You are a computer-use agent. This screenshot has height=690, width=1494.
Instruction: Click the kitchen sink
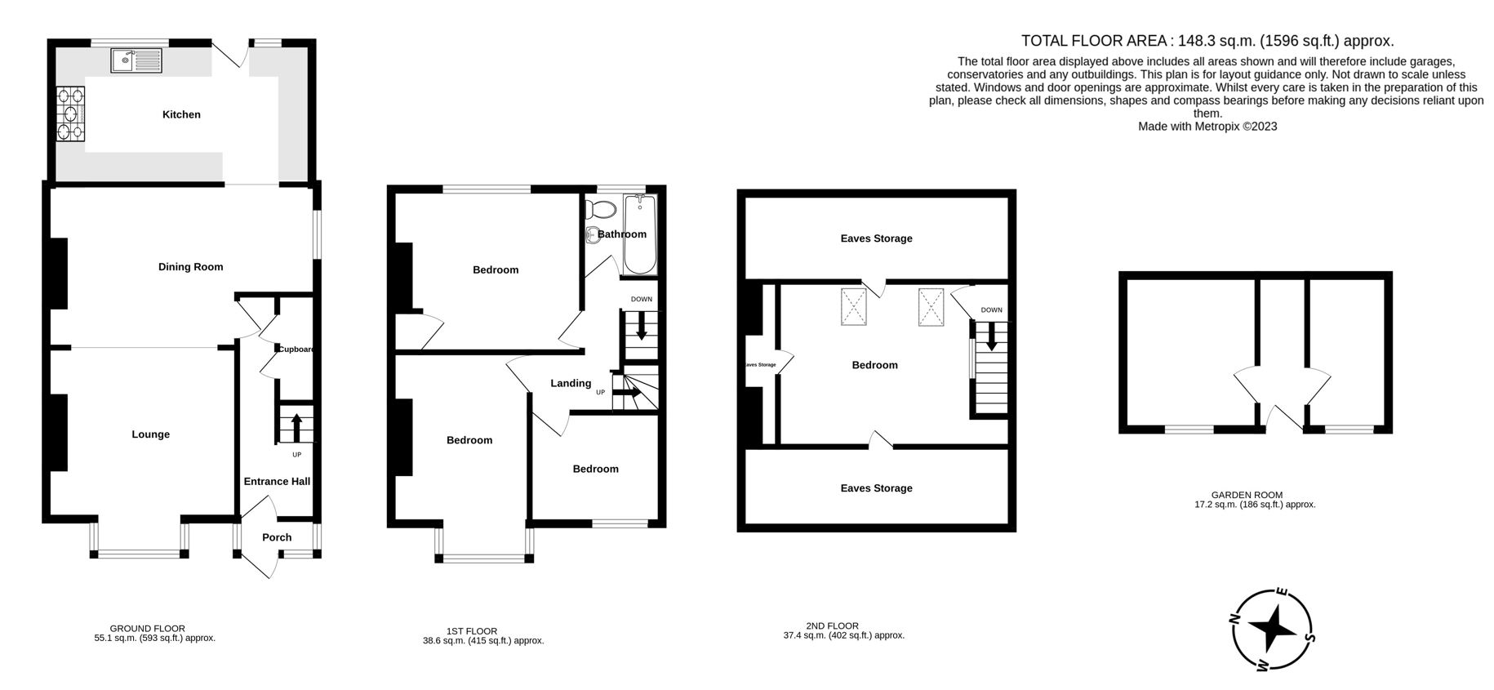(x=137, y=60)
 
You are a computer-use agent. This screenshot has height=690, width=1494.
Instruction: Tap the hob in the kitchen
(x=71, y=114)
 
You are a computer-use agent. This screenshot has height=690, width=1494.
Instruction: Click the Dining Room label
(x=190, y=267)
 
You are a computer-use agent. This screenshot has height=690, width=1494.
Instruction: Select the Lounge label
(x=151, y=434)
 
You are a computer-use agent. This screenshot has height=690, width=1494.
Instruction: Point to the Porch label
(x=277, y=537)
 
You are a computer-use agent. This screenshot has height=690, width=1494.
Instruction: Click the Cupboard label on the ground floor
(x=296, y=349)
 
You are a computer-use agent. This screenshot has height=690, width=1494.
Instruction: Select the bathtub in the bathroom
(x=639, y=234)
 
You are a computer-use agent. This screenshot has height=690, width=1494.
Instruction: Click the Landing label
(x=571, y=383)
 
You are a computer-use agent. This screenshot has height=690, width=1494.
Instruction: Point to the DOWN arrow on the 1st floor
(x=642, y=325)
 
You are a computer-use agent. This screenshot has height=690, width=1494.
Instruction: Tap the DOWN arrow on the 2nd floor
(x=992, y=336)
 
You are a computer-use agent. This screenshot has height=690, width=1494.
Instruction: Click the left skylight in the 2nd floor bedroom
(x=853, y=307)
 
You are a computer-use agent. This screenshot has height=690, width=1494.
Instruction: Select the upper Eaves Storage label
(x=877, y=238)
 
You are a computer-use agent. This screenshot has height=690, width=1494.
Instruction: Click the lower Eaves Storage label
(x=877, y=488)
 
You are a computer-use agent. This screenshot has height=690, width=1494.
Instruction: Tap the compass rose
(x=1272, y=630)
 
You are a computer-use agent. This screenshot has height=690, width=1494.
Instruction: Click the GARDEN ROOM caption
(x=1247, y=495)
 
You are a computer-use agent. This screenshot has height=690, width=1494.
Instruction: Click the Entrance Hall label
(x=277, y=482)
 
